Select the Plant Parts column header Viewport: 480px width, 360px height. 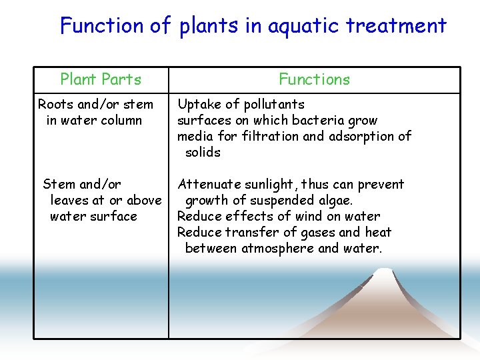101,79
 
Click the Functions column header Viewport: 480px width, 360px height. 314,79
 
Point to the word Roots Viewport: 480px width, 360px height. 56,104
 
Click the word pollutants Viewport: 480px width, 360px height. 273,104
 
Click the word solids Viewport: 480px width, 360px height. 203,152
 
